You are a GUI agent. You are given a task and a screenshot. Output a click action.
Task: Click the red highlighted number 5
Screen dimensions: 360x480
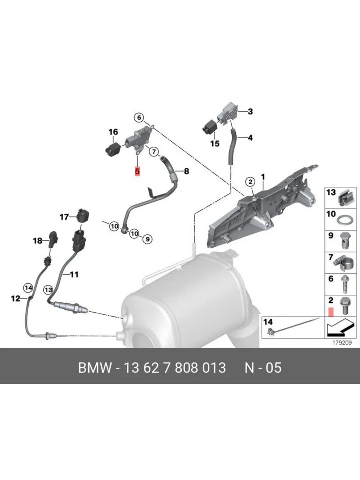(x=137, y=172)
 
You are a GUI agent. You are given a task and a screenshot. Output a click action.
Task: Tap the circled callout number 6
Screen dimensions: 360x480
(x=139, y=118)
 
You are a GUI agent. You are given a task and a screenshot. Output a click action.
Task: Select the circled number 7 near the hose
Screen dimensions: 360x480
(x=154, y=151)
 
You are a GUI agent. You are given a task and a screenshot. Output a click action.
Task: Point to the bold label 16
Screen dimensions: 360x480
(x=113, y=132)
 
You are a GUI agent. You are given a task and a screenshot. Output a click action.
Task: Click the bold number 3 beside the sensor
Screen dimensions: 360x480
(x=250, y=112)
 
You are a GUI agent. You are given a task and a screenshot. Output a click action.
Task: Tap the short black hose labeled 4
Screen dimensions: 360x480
(x=232, y=147)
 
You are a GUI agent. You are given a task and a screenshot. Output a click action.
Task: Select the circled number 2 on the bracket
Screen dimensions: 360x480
(x=250, y=182)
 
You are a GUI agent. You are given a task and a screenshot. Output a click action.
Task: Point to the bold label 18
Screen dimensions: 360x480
(x=38, y=241)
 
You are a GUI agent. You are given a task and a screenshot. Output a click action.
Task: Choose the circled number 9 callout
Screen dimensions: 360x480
(x=148, y=239)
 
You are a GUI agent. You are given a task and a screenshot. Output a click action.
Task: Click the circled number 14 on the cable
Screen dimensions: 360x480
(x=28, y=288)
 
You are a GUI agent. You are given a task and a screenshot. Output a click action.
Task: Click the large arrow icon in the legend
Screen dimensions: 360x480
(x=340, y=327)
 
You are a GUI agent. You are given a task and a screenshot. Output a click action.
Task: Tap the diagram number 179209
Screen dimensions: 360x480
(x=342, y=343)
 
